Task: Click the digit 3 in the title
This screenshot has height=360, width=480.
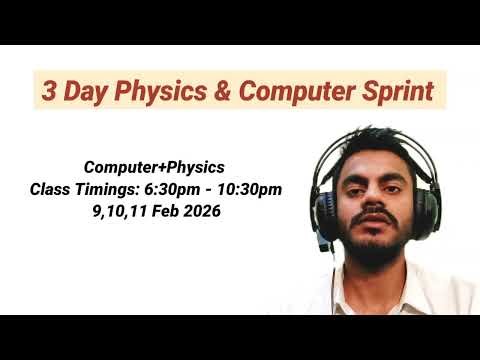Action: click(x=48, y=91)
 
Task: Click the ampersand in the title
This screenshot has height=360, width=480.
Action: click(x=222, y=91)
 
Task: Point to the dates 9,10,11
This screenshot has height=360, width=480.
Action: click(x=119, y=212)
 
